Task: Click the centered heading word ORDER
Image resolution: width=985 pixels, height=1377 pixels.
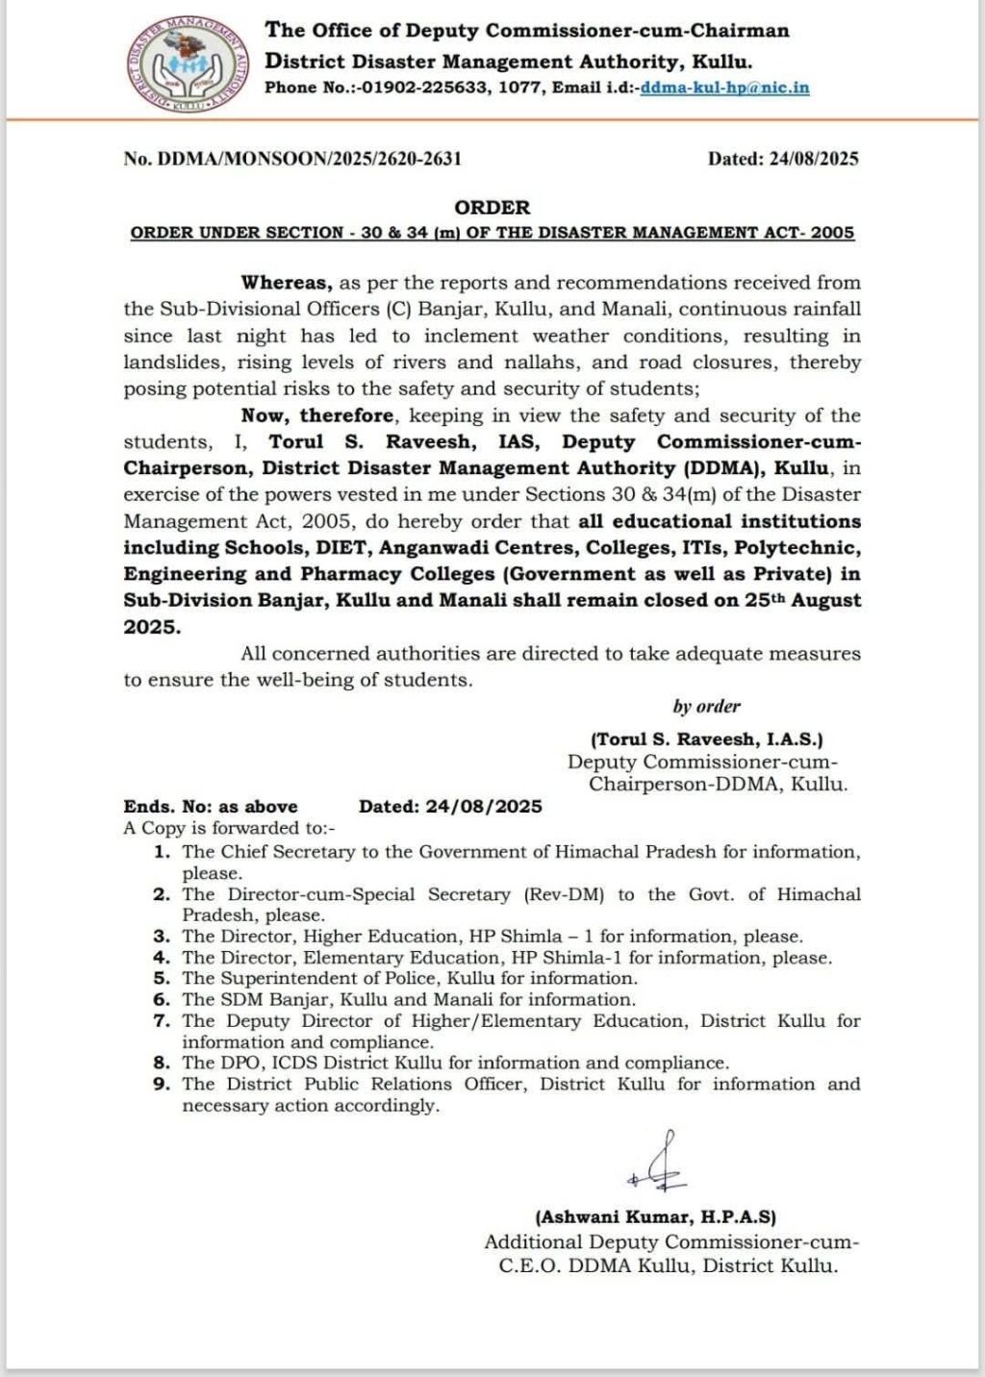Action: coord(492,208)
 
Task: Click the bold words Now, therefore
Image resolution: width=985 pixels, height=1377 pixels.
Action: coord(317,415)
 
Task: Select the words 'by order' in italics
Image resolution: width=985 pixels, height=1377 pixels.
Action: coord(706,707)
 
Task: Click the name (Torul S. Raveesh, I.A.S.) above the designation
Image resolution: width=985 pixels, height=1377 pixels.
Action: coord(706,739)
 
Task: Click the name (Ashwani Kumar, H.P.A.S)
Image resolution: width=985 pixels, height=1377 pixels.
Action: coord(656,1216)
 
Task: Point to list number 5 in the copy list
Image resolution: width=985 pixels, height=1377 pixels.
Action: coord(163,979)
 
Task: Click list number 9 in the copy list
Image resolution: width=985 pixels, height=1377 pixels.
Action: coord(163,1085)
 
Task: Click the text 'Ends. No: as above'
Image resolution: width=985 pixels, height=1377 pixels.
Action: coord(210,807)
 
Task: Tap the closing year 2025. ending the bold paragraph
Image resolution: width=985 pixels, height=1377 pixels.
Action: coord(151,627)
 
